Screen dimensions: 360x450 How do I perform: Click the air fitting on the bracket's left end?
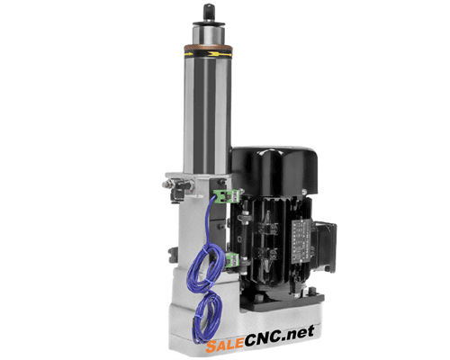[x=168, y=184]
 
